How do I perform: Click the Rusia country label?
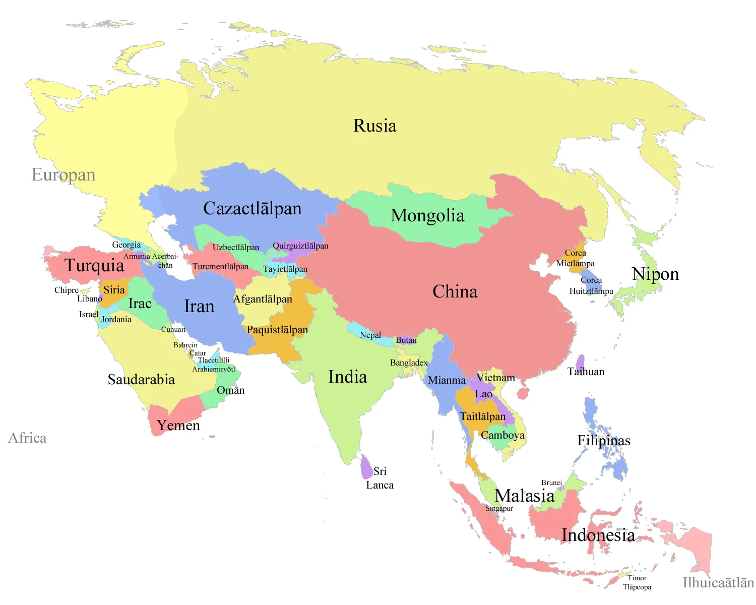tap(375, 126)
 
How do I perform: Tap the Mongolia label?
tap(427, 216)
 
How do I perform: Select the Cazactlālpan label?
tap(252, 209)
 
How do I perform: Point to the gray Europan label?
tap(64, 175)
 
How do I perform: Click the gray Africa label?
tap(27, 438)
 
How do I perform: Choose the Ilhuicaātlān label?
tap(718, 583)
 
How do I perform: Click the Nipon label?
tap(655, 274)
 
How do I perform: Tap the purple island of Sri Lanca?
tap(366, 467)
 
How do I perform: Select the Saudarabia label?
tap(141, 380)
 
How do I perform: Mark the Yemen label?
tap(178, 426)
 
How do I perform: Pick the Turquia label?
tap(94, 266)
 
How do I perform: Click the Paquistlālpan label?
tap(277, 330)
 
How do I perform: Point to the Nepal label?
tap(370, 335)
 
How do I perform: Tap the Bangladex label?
tap(409, 363)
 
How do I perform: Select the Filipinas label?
tap(604, 441)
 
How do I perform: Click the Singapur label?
tap(499, 509)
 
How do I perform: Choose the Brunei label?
tap(551, 483)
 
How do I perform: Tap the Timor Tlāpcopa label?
tap(637, 582)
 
